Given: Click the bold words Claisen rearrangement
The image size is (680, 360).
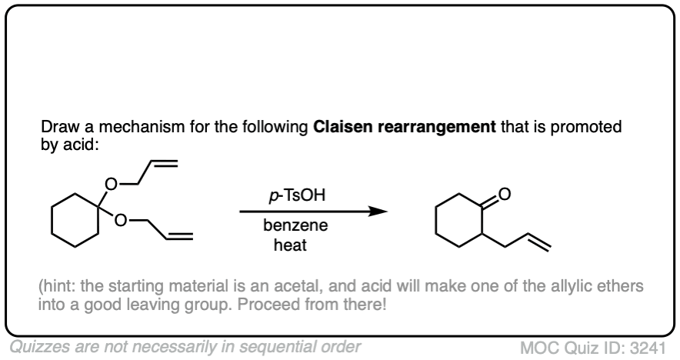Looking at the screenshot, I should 404,127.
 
